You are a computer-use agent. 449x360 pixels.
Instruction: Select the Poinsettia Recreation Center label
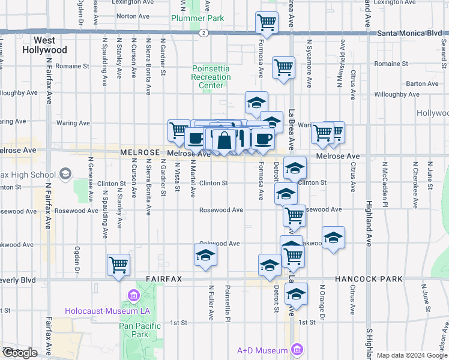211,77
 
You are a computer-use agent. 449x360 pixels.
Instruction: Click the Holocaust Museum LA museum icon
133,296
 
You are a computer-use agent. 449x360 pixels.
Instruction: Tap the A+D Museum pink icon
295,350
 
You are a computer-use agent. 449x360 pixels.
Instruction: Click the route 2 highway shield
205,32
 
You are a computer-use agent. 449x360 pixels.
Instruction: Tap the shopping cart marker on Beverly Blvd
119,264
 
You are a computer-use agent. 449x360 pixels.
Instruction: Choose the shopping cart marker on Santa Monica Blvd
267,22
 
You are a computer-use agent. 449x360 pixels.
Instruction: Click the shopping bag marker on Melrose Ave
224,141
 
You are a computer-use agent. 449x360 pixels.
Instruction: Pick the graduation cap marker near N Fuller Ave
205,254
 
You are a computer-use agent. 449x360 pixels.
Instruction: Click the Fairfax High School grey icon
65,175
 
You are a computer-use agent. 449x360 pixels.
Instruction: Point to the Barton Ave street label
422,85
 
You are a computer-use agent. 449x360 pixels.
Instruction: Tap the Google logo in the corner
19,353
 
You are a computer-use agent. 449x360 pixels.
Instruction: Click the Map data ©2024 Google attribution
412,355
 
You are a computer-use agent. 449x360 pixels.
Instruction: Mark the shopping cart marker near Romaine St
283,67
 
